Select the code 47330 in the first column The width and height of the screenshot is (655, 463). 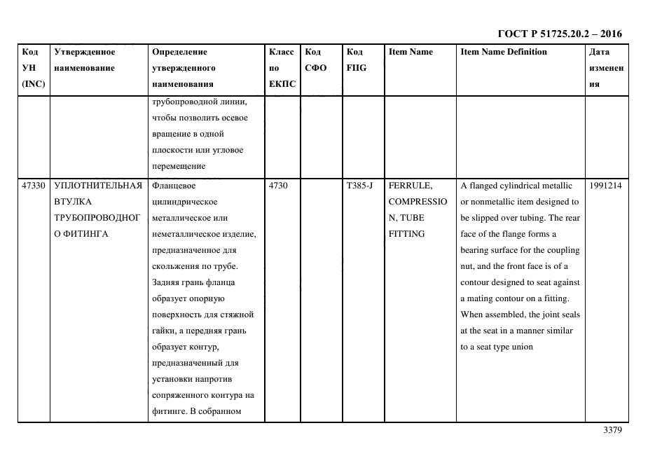pyautogui.click(x=34, y=186)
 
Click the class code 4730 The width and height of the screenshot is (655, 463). pyautogui.click(x=278, y=186)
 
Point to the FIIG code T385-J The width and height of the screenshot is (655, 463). pyautogui.click(x=359, y=186)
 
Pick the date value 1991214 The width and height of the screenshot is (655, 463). pyautogui.click(x=606, y=186)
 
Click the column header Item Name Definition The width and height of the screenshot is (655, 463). pyautogui.click(x=504, y=52)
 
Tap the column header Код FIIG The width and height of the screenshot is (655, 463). pyautogui.click(x=356, y=60)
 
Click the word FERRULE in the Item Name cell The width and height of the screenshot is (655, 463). pyautogui.click(x=410, y=186)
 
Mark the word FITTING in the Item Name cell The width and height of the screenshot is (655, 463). pyautogui.click(x=406, y=234)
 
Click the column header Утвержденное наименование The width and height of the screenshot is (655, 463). pyautogui.click(x=85, y=60)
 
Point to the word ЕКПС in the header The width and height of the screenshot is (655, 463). pyautogui.click(x=282, y=84)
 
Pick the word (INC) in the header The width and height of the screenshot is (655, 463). pyautogui.click(x=34, y=84)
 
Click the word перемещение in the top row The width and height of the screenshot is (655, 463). pyautogui.click(x=179, y=166)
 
